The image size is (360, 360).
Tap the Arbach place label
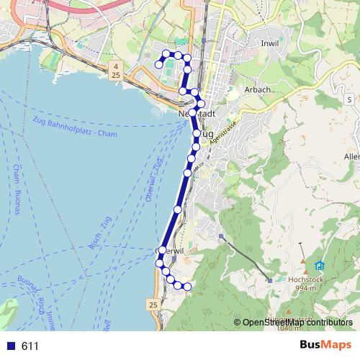(257, 89)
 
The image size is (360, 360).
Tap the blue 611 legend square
(9, 346)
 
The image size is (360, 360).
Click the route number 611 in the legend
(30, 346)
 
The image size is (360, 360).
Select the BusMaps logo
(325, 346)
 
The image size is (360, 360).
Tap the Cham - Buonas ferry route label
(15, 190)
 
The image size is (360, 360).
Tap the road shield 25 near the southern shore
(153, 306)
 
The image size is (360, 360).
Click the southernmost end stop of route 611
(189, 287)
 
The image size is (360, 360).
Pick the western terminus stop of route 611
(159, 65)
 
